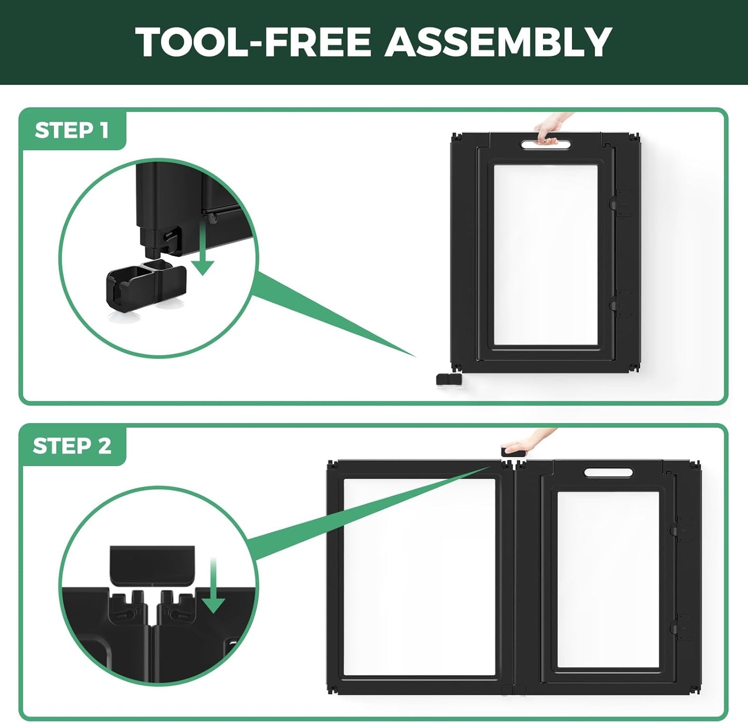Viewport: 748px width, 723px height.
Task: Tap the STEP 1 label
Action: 72,131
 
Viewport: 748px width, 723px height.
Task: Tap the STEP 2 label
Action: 72,446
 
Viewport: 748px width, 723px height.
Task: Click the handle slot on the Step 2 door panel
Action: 608,472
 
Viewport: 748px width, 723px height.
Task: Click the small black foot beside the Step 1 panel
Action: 449,379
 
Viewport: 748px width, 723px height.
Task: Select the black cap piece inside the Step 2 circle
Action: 152,567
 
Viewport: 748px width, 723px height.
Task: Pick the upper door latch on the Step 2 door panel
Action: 680,529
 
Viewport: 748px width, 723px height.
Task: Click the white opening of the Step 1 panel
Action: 546,255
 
